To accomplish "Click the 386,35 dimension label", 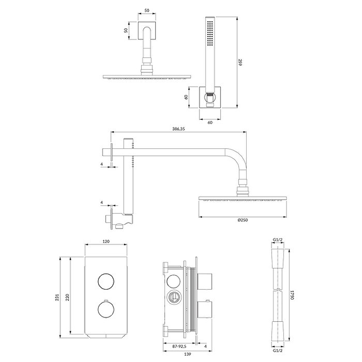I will [178, 129].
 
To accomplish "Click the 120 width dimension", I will [106, 242].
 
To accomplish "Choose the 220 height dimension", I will [67, 297].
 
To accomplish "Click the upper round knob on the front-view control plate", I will [106, 281].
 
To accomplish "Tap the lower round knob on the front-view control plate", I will [106, 310].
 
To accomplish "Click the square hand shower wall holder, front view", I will [210, 97].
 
